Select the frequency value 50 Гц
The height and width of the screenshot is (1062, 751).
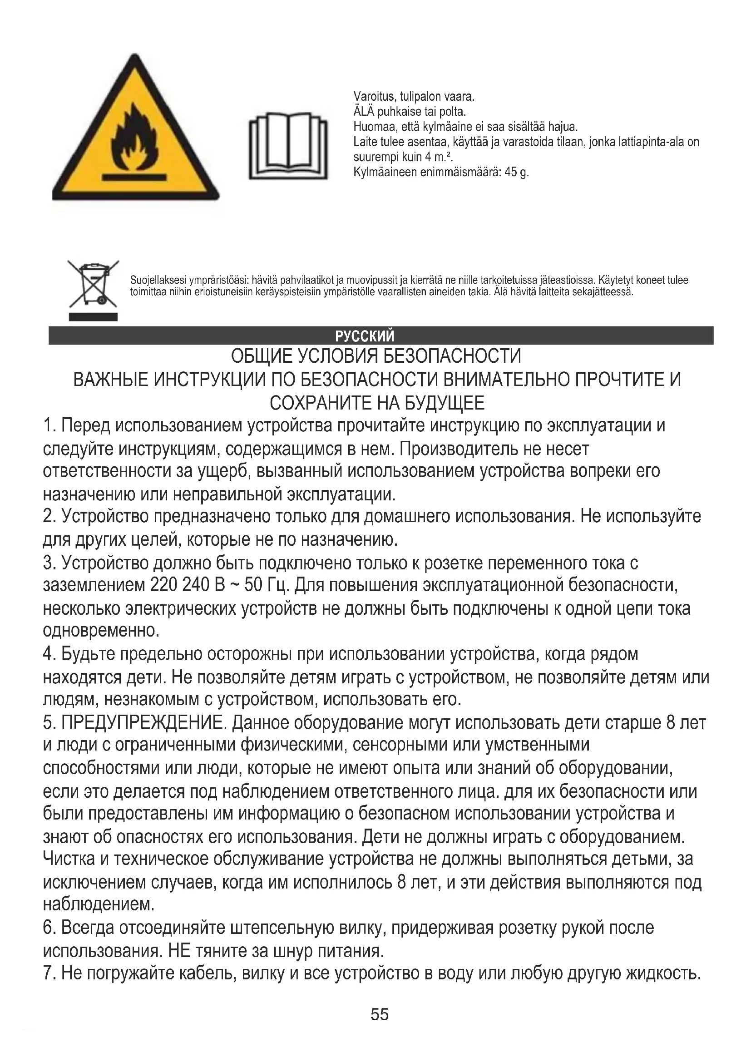coord(267,586)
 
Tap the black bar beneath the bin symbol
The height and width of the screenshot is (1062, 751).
coord(93,317)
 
